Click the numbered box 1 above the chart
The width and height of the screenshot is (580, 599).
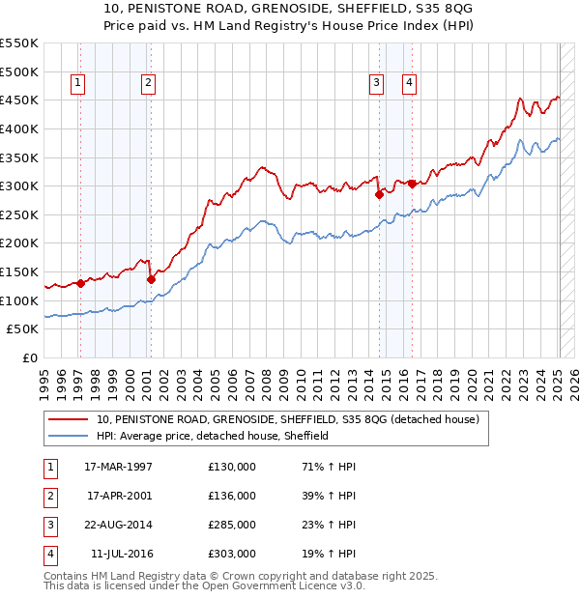(77, 84)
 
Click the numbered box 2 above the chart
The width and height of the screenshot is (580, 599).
(147, 84)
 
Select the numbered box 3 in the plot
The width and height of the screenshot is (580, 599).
(376, 84)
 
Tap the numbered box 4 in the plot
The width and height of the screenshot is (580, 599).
(410, 84)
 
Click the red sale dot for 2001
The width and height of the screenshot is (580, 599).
(151, 279)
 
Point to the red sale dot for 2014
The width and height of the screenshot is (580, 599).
(379, 194)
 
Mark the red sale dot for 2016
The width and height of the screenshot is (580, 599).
(412, 184)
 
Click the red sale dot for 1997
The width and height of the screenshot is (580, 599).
(81, 283)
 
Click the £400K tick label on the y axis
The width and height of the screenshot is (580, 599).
(19, 128)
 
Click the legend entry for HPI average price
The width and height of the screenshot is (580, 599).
(213, 436)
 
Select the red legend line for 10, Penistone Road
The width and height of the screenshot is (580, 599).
(67, 420)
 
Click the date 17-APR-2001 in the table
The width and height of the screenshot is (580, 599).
(120, 496)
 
